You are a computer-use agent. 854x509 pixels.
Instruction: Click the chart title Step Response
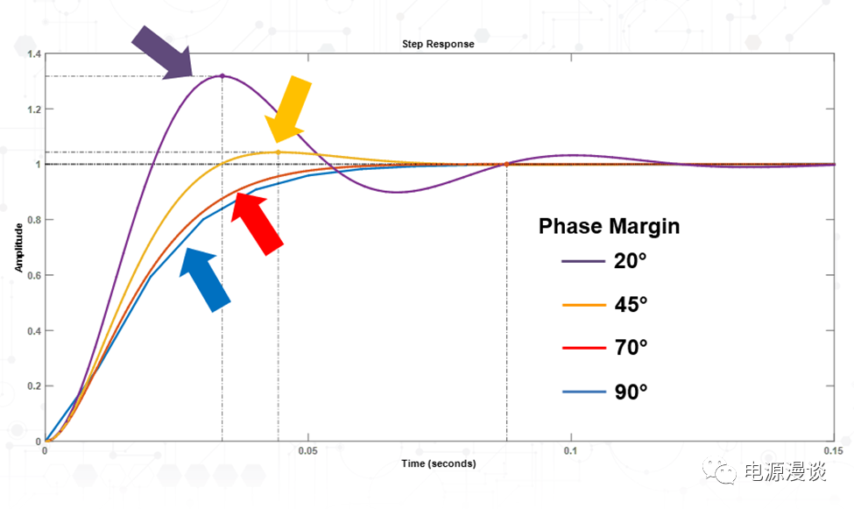(438, 44)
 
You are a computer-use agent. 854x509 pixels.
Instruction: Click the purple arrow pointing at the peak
(164, 51)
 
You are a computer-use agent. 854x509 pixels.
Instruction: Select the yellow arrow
(290, 108)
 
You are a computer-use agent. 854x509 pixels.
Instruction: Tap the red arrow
(259, 222)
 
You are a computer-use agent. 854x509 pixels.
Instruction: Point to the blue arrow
(204, 278)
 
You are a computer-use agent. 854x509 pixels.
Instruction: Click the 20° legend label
(630, 261)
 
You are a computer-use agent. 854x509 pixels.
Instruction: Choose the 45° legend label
(630, 305)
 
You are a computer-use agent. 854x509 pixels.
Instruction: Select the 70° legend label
(630, 348)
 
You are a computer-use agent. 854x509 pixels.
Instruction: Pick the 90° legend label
(630, 392)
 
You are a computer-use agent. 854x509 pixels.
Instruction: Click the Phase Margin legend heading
(609, 226)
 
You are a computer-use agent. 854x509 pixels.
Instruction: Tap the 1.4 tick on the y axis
(34, 54)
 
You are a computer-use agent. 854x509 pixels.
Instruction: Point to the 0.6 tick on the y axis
(34, 275)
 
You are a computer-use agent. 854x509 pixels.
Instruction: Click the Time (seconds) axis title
(440, 463)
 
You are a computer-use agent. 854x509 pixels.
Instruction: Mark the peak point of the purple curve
(222, 76)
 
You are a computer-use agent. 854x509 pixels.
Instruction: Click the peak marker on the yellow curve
(279, 152)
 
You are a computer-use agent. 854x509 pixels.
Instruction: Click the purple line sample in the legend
(582, 261)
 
